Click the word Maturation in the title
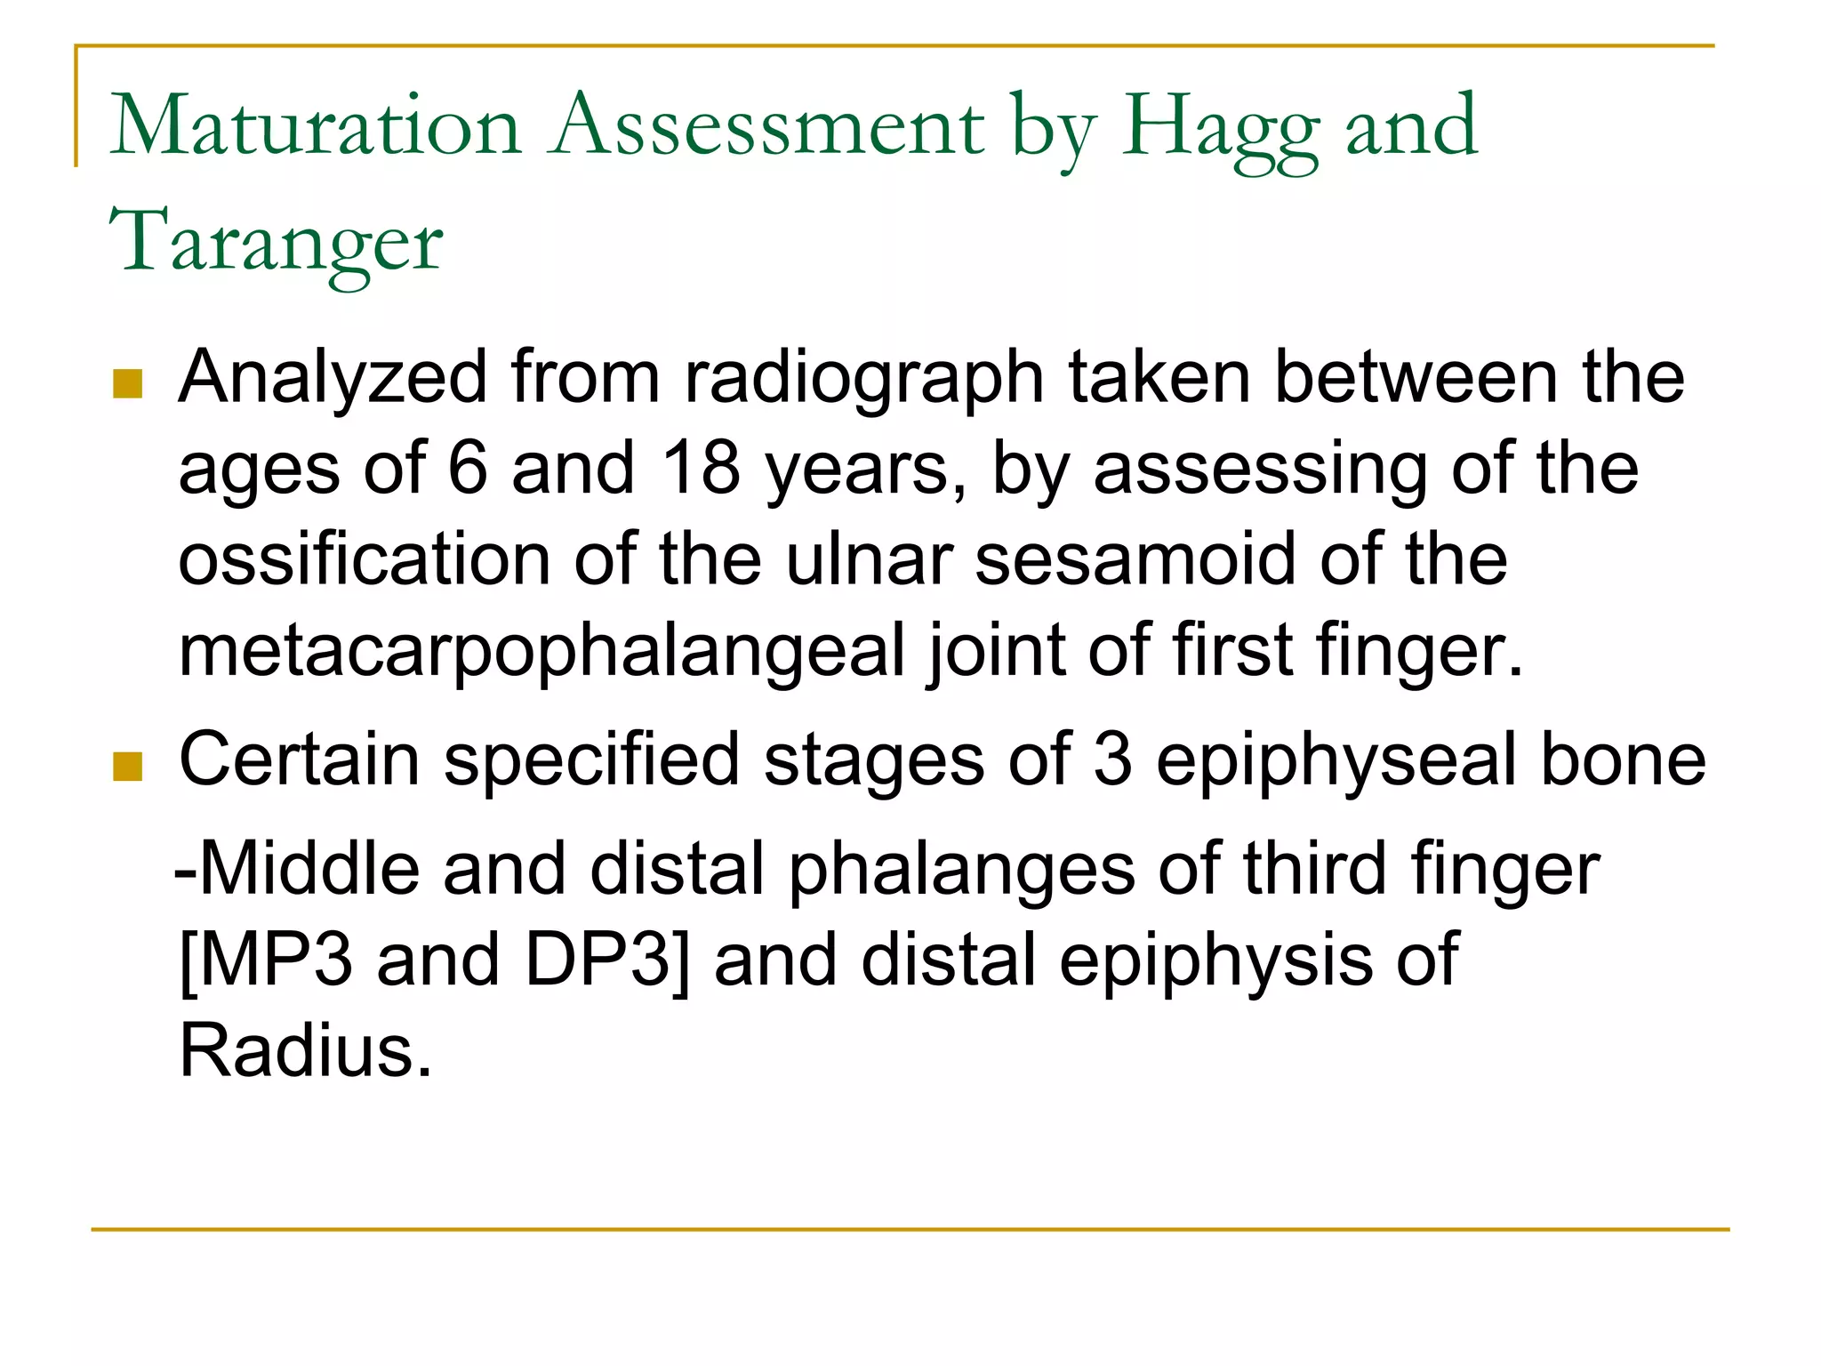click(315, 126)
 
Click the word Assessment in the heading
click(766, 126)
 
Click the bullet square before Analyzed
click(128, 384)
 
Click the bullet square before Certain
click(128, 767)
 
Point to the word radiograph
click(863, 379)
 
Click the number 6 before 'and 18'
click(468, 469)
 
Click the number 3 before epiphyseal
click(1112, 760)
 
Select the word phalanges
click(961, 870)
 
